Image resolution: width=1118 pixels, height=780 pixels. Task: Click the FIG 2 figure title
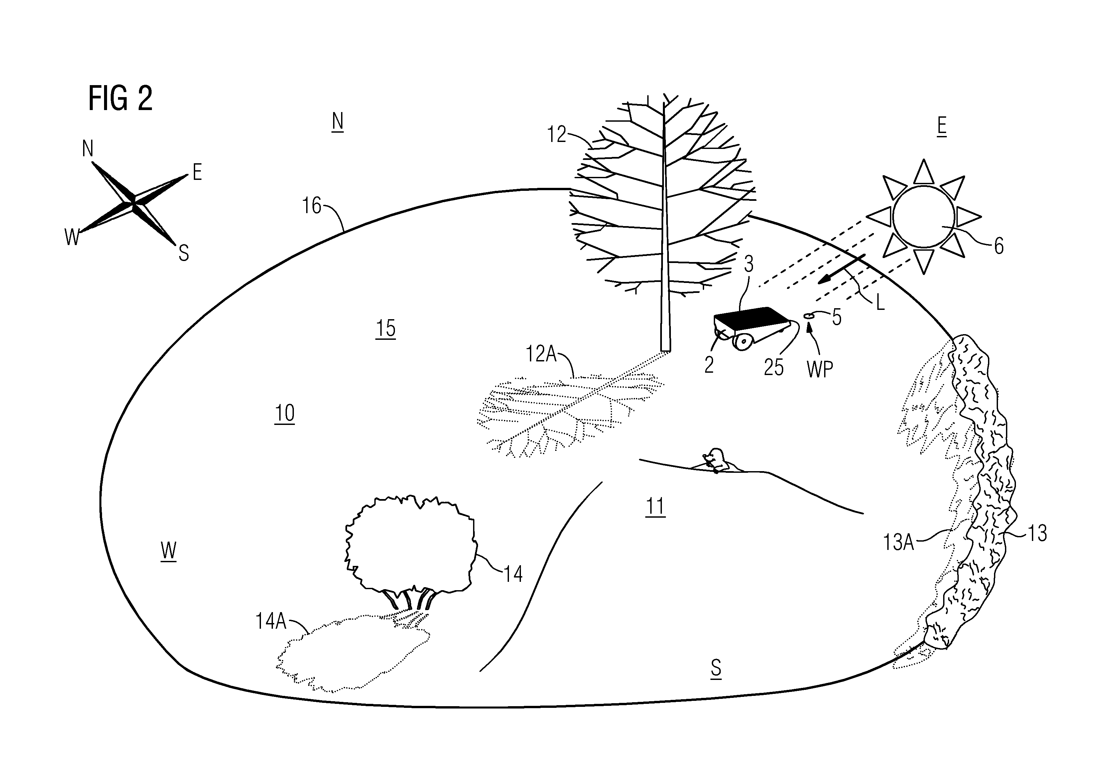point(120,98)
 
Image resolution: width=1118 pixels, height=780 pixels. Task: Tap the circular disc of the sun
point(924,217)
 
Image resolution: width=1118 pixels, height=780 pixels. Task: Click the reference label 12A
point(541,354)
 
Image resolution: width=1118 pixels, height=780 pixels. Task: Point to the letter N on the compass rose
point(88,149)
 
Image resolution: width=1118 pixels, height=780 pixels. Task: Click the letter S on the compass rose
point(184,253)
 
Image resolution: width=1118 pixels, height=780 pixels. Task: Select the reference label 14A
point(271,622)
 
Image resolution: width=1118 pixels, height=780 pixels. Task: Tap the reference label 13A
point(898,542)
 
